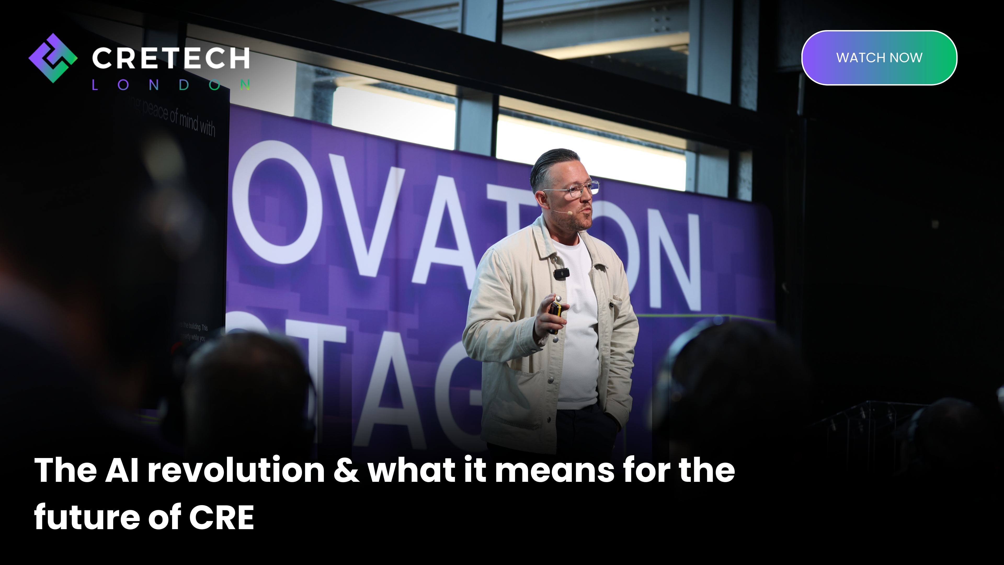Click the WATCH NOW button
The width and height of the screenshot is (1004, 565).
coord(879,58)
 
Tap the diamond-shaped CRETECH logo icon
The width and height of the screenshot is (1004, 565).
coord(53,58)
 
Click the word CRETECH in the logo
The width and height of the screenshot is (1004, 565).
coord(171,58)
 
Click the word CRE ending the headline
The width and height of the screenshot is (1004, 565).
coord(221,517)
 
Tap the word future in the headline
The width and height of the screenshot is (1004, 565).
coord(87,517)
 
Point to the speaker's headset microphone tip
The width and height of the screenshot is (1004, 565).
coord(570,213)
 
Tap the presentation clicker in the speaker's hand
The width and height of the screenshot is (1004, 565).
coord(555,312)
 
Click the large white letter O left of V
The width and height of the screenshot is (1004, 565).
coord(277,203)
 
